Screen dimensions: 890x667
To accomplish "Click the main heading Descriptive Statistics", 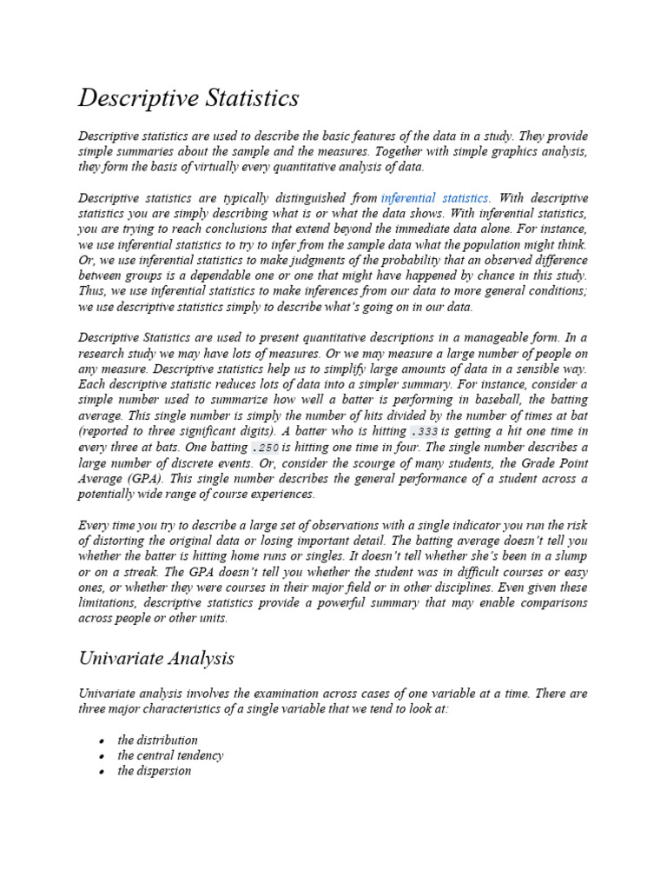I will click(x=188, y=98).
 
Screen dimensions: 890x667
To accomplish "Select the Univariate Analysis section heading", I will click(x=156, y=658).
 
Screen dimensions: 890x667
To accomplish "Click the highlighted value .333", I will click(x=423, y=432).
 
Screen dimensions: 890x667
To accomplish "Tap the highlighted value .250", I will click(x=265, y=448).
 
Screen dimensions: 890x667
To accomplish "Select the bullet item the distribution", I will click(x=158, y=740).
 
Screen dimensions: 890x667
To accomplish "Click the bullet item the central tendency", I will click(x=170, y=755).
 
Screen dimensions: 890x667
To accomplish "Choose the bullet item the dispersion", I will click(x=155, y=771).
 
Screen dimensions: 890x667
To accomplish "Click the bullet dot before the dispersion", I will click(x=102, y=772).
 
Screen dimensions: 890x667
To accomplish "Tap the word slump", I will click(x=569, y=556).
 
